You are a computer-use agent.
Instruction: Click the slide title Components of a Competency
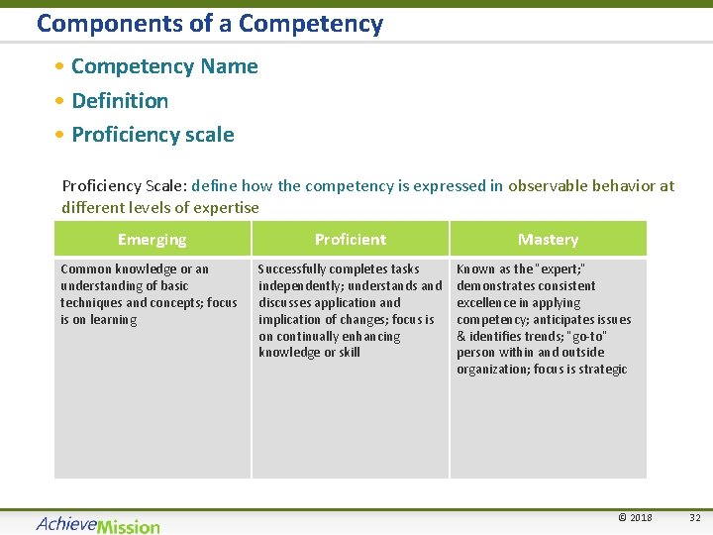(209, 24)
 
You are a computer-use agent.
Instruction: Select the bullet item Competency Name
(164, 66)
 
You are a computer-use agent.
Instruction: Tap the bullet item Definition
(120, 100)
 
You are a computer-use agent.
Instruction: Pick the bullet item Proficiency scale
(153, 135)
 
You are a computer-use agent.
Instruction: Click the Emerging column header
(152, 239)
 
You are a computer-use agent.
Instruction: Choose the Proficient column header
(351, 239)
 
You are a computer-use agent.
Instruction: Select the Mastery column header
(548, 239)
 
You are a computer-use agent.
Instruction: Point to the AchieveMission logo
(98, 524)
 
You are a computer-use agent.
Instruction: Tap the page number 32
(694, 518)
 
